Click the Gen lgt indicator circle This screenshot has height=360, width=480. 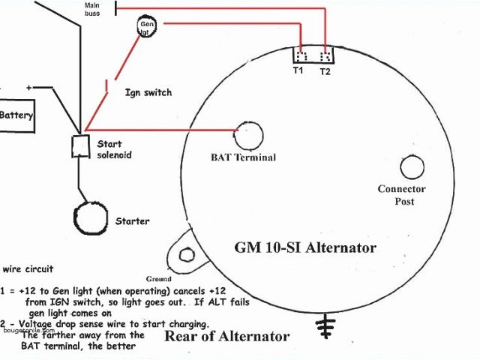click(147, 28)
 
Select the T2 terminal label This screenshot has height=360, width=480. click(325, 71)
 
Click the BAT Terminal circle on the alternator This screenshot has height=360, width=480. click(250, 136)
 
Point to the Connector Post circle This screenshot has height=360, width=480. click(412, 166)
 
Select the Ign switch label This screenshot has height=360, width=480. click(148, 92)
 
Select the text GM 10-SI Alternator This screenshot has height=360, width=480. click(305, 247)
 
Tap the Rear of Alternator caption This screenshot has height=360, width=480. click(226, 336)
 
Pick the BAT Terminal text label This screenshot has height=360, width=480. click(243, 157)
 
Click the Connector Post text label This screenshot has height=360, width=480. click(401, 195)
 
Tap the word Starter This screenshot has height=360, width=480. click(132, 221)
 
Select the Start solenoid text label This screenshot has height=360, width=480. click(113, 149)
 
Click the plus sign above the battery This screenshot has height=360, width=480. click(29, 88)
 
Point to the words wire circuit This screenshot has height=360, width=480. click(28, 268)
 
